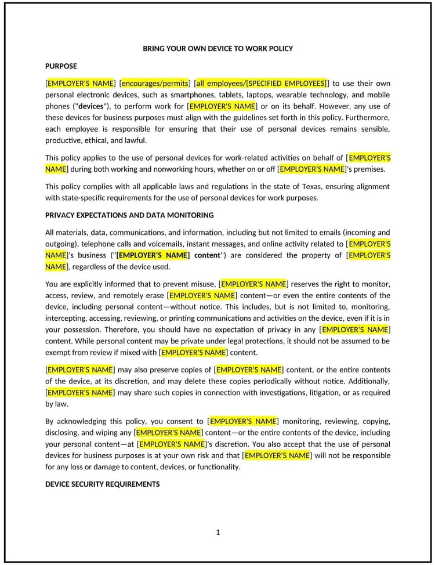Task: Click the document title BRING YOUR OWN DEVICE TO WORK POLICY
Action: [217, 49]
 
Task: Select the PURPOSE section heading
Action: [61, 66]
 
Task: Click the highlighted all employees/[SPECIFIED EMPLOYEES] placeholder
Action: [262, 83]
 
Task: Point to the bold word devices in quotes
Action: [90, 106]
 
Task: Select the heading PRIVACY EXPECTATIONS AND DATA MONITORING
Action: [129, 215]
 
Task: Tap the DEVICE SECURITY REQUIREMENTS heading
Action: [102, 484]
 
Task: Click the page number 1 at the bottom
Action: [217, 532]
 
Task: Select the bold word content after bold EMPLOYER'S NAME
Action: [207, 255]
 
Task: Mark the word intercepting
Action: [65, 318]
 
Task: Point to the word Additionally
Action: [369, 381]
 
